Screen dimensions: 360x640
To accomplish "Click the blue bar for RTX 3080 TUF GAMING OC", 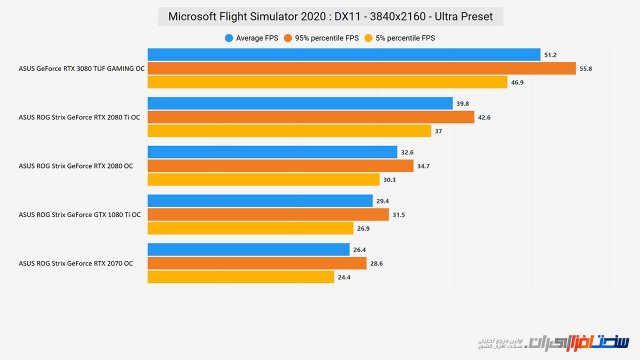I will [x=344, y=54].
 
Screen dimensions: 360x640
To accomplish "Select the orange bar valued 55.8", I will [x=362, y=68].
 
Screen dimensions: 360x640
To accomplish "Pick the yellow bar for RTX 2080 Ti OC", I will [x=289, y=131].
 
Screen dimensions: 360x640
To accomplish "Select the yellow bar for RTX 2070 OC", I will [x=240, y=277].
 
